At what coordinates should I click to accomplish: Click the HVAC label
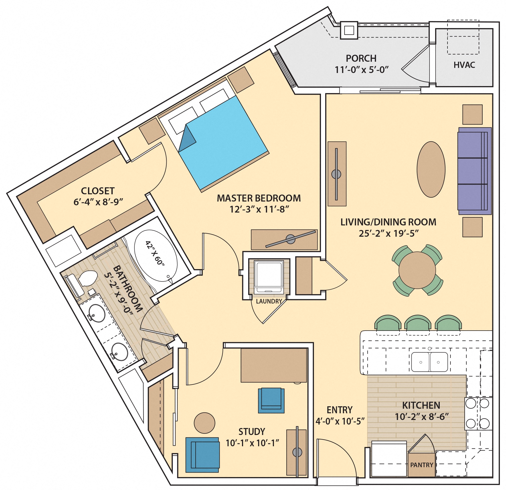(x=464, y=65)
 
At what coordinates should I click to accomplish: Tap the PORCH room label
(x=361, y=58)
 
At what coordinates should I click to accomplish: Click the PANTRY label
(x=421, y=465)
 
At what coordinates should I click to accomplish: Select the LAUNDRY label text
(x=269, y=301)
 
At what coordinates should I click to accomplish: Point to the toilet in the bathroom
(x=87, y=278)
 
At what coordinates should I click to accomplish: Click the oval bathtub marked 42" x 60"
(x=156, y=255)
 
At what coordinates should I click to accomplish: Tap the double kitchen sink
(x=429, y=362)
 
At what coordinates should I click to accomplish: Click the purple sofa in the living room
(x=474, y=171)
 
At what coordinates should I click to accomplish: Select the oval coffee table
(x=431, y=170)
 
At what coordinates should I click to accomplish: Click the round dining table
(x=417, y=270)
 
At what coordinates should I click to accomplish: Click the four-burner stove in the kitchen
(x=478, y=414)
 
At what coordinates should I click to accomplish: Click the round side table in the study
(x=204, y=423)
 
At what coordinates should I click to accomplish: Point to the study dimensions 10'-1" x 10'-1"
(x=252, y=443)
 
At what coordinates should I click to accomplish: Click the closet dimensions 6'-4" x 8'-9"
(x=98, y=202)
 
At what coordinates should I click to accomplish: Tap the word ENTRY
(x=339, y=410)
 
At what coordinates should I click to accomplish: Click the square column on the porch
(x=349, y=30)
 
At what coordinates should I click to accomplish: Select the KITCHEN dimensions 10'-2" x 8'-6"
(x=421, y=417)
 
